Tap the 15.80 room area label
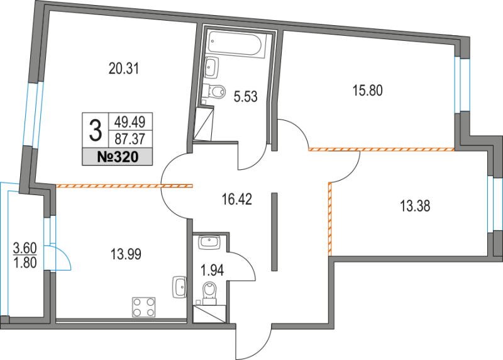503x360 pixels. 367,90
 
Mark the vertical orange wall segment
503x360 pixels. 329,218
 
